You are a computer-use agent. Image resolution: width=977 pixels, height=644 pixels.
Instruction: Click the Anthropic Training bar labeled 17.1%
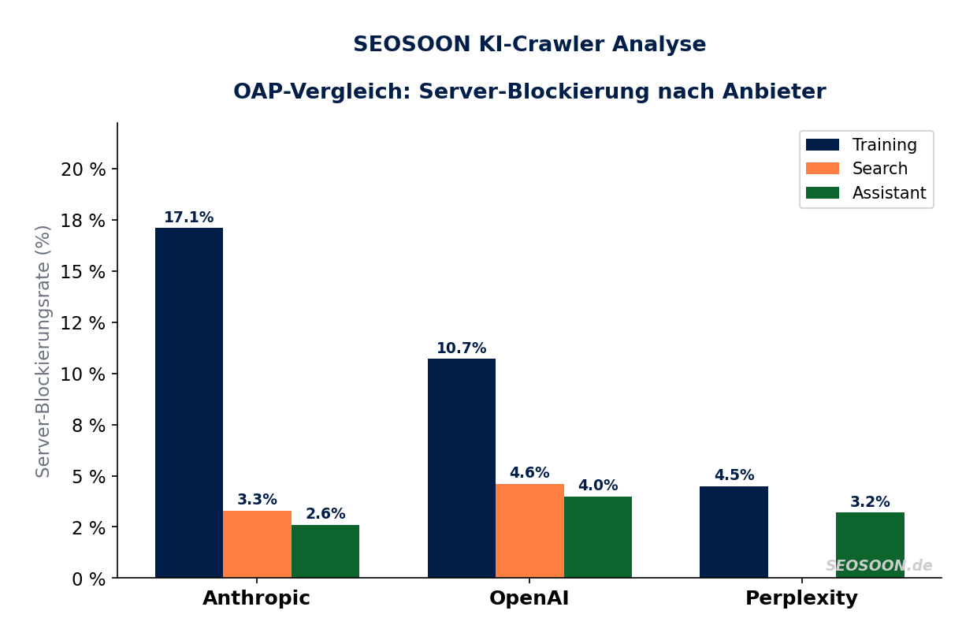point(189,403)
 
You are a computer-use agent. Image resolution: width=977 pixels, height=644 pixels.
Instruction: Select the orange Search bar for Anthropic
point(257,544)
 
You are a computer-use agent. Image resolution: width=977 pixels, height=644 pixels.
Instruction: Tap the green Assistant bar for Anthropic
point(325,551)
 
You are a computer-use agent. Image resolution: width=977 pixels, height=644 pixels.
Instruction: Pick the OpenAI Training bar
point(461,468)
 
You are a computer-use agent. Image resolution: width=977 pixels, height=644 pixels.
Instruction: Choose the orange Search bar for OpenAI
point(529,530)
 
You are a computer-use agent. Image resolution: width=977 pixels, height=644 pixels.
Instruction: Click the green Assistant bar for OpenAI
point(597,537)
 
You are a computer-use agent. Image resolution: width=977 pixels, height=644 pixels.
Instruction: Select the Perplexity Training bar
point(734,532)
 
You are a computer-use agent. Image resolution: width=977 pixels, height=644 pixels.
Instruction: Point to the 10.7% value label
point(461,348)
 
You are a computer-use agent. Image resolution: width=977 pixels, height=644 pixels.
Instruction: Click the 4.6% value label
point(529,473)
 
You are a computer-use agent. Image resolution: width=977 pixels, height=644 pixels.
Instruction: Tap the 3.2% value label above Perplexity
point(870,502)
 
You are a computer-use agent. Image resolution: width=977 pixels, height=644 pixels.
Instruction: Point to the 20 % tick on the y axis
point(83,169)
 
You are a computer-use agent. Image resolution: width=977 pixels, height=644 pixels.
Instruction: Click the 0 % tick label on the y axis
point(87,579)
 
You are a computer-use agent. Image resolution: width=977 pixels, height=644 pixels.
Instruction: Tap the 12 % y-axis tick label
point(83,323)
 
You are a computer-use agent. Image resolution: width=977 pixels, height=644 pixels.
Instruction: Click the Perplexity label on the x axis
point(801,598)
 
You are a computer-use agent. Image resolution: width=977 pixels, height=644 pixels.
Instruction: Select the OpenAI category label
point(529,598)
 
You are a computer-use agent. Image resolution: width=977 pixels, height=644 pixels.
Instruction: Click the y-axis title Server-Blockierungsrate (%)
point(43,351)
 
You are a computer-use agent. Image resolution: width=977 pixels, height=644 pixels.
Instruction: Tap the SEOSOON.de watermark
point(879,566)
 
